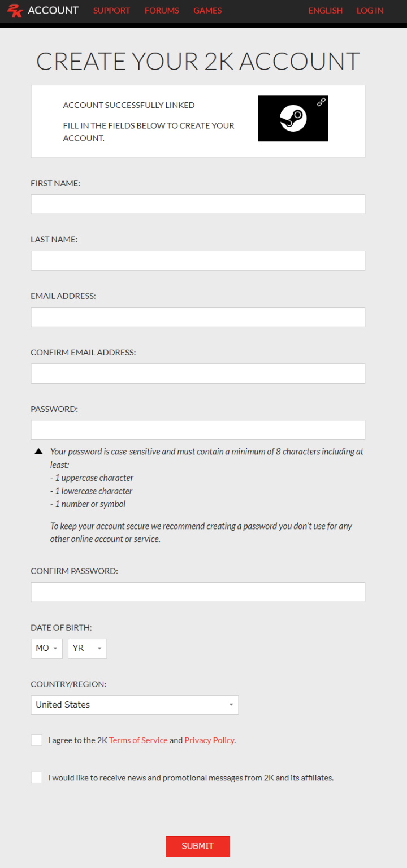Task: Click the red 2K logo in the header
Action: tap(15, 10)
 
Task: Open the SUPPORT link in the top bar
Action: tap(111, 10)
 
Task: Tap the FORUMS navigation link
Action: tap(162, 10)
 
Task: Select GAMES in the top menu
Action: tap(207, 10)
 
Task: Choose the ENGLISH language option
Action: tap(326, 10)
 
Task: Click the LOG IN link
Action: tap(370, 10)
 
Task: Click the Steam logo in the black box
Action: tap(293, 119)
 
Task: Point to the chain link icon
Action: tap(321, 102)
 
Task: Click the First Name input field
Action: tap(198, 204)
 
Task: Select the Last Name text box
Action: tap(198, 261)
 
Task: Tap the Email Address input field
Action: tap(198, 317)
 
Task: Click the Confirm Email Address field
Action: tap(198, 374)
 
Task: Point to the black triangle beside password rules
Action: tap(38, 452)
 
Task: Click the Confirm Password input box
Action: tap(198, 592)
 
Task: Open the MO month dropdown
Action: tap(46, 648)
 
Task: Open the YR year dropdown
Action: tap(87, 648)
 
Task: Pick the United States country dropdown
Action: tap(135, 705)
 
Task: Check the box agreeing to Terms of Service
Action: tap(37, 740)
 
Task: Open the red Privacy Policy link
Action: tap(209, 740)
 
